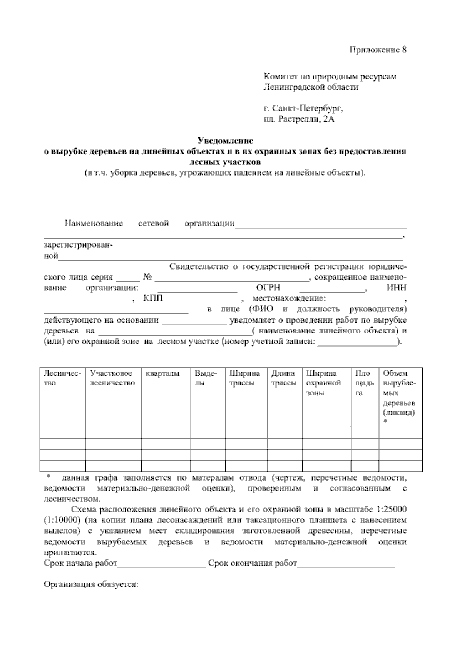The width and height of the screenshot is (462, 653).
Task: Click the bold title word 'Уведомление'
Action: (225, 141)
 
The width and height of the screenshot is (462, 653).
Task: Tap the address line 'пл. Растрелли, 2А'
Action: (299, 119)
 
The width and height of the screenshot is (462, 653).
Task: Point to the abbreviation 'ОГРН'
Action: (268, 288)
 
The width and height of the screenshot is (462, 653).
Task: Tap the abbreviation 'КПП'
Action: (153, 299)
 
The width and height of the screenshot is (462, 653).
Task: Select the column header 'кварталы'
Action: (162, 373)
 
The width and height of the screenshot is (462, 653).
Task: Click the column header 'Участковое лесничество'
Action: (112, 378)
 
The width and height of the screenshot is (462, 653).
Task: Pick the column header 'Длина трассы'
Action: (284, 378)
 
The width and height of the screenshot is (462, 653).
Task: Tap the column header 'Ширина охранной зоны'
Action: (323, 383)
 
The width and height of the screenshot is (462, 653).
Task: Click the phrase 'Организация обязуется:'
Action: (91, 584)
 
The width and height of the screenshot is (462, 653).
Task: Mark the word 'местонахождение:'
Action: (289, 299)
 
